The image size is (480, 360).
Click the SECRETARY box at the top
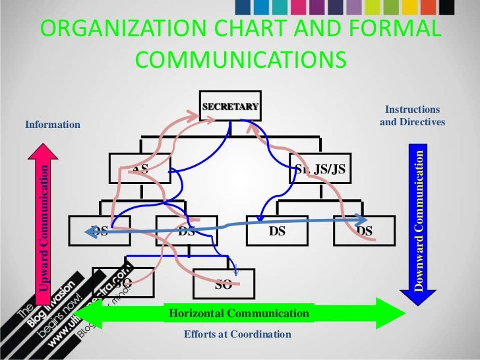[x=231, y=106]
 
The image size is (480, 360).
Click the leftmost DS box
[x=101, y=231]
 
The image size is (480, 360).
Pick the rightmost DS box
[x=365, y=231]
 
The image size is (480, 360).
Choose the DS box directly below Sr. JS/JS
[x=278, y=231]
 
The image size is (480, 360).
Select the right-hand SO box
[x=223, y=284]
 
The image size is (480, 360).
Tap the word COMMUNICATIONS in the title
[x=240, y=60]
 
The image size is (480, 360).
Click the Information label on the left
[x=52, y=125]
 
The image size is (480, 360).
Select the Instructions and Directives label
[x=412, y=116]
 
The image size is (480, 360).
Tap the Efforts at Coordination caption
[x=237, y=334]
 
